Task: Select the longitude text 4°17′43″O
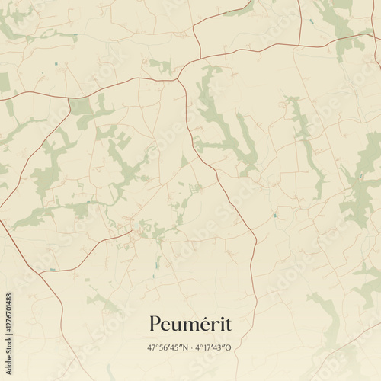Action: (213, 347)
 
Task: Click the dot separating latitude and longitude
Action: (192, 347)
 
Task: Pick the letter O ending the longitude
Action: (229, 347)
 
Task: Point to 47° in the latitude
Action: (153, 347)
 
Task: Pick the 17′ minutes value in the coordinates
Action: (208, 347)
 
